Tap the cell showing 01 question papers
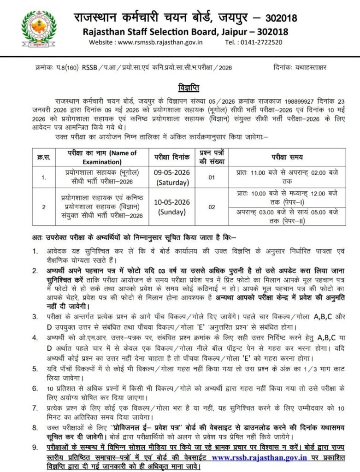pos(212,177)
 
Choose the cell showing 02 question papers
pos(212,207)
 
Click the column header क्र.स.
pos(43,157)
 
